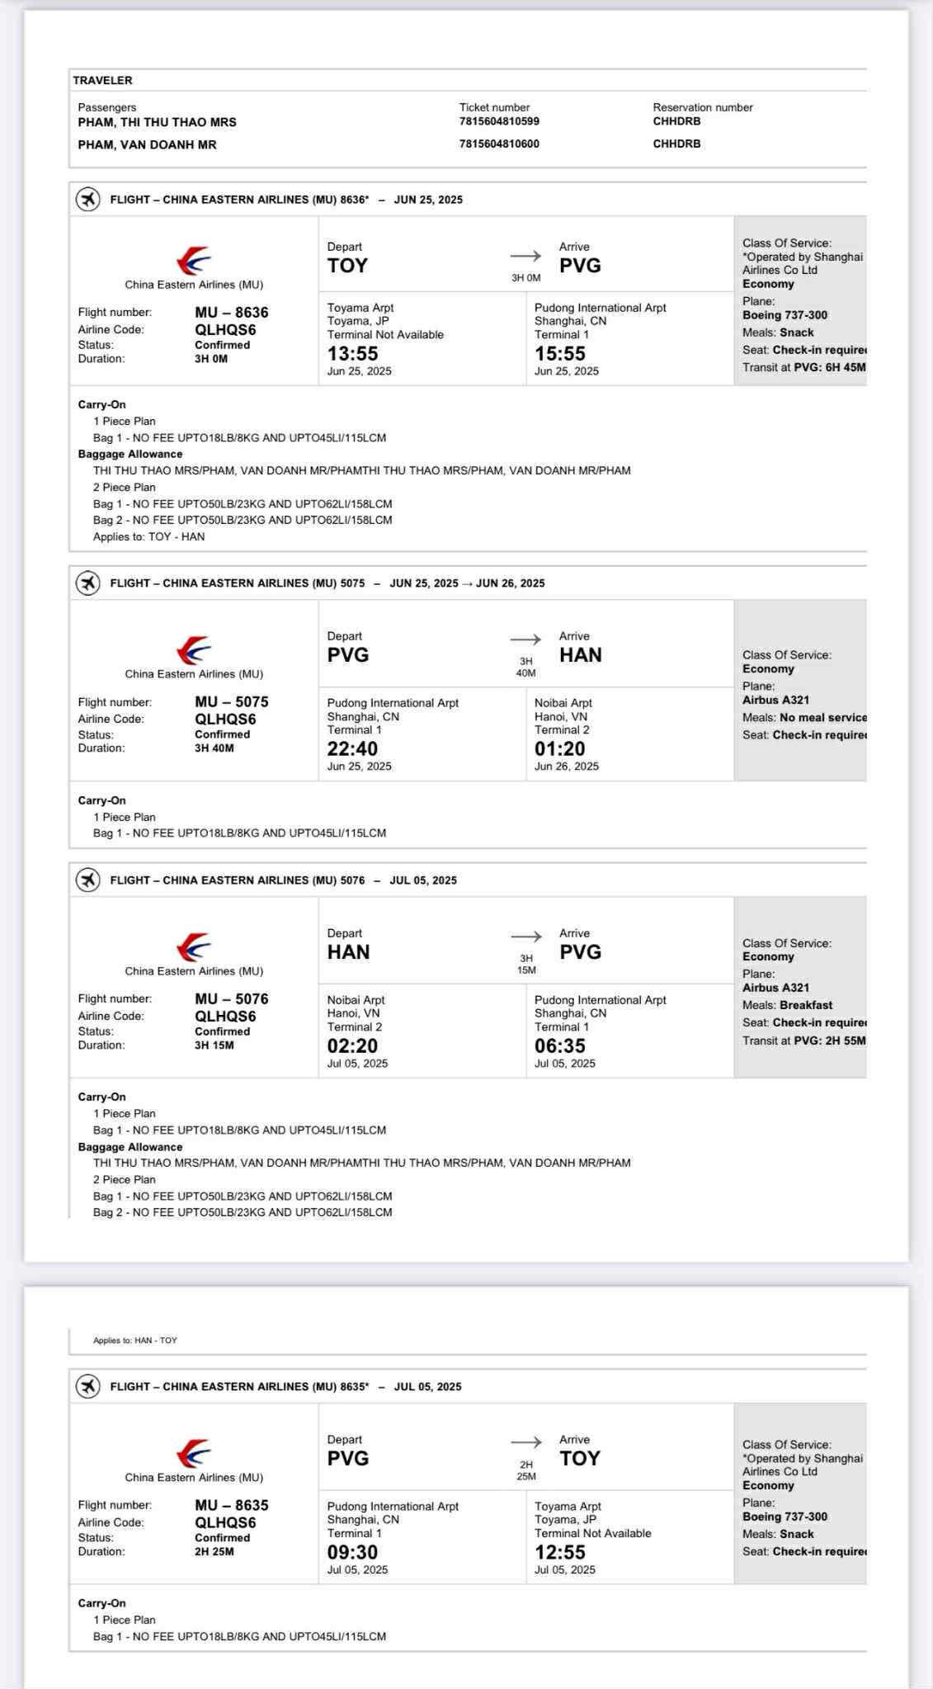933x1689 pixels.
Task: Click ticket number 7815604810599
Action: [x=499, y=121]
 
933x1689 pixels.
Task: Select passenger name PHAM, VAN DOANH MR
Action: [x=147, y=144]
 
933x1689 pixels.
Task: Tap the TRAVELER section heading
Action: [x=102, y=80]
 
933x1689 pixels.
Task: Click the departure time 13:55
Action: [x=352, y=354]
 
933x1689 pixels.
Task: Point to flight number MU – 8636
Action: [x=232, y=313]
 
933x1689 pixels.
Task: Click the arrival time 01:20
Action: [x=559, y=749]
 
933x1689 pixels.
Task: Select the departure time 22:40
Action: [x=352, y=749]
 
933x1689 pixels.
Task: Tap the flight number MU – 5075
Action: [x=232, y=702]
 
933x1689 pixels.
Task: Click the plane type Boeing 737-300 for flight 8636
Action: [x=785, y=315]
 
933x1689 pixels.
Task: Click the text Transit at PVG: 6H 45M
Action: [x=803, y=367]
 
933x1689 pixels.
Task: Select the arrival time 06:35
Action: [x=559, y=1046]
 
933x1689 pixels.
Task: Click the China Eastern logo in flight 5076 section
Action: [x=194, y=947]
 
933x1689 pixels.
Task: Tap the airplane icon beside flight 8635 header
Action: [x=87, y=1387]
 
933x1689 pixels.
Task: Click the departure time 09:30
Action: [x=352, y=1552]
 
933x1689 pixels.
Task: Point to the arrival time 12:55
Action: [x=559, y=1552]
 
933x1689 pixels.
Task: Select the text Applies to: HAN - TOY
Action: [x=135, y=1341]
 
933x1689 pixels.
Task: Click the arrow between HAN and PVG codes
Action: [x=526, y=936]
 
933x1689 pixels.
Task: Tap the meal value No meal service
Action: [x=822, y=718]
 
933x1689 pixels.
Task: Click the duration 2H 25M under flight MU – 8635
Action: [x=214, y=1551]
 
